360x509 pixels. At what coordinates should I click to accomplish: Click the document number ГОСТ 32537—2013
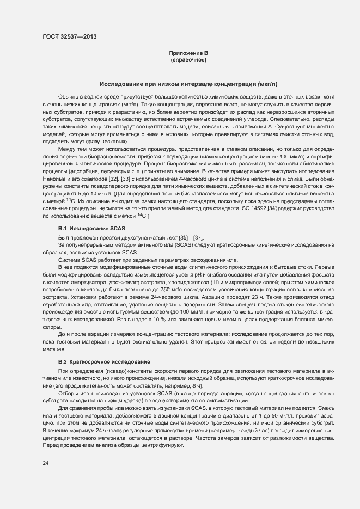(x=70, y=37)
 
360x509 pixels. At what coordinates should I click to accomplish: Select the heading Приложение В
(x=188, y=53)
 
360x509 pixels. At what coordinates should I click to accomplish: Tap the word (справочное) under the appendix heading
(x=188, y=60)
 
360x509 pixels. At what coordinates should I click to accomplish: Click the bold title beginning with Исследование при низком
(x=188, y=84)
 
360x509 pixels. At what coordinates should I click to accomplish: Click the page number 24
(x=46, y=463)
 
